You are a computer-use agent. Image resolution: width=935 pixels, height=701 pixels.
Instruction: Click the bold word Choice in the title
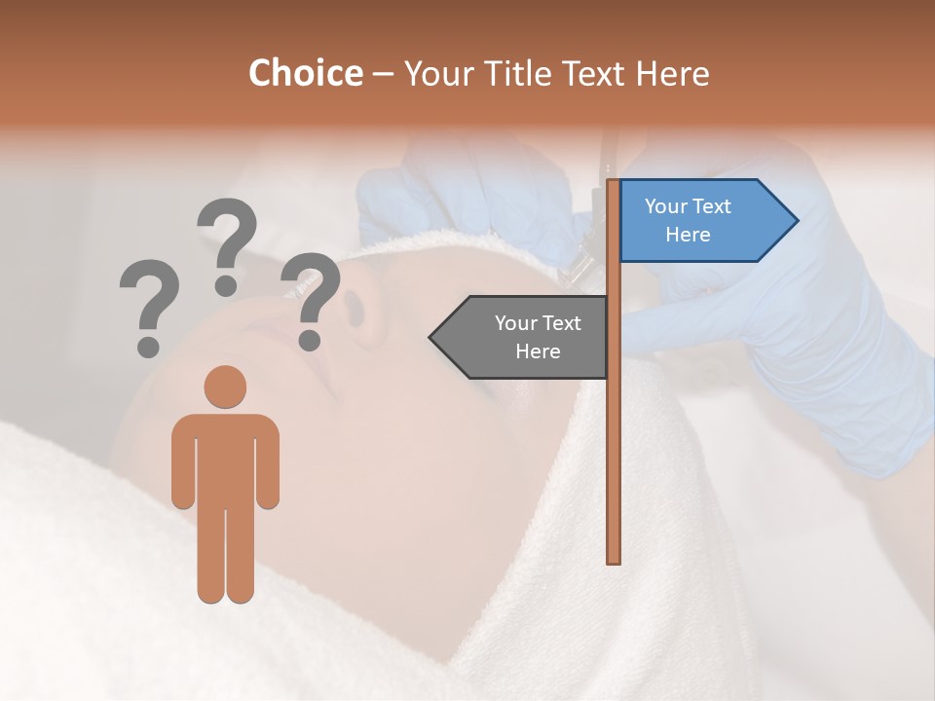(305, 73)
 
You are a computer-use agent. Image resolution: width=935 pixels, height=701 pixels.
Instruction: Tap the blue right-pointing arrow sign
(701, 221)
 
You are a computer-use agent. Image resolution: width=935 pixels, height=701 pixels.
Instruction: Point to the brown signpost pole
(613, 438)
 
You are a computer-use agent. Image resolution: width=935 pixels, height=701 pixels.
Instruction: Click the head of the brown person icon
(225, 387)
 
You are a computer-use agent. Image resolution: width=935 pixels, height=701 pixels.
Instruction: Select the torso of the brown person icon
(225, 458)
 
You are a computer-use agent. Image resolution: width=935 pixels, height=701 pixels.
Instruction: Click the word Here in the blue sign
(688, 235)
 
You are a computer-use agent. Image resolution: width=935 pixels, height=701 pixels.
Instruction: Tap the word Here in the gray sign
(538, 351)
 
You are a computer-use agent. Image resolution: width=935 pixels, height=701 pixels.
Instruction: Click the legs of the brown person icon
(225, 555)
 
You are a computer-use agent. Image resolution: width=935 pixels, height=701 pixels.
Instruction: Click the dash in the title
(383, 74)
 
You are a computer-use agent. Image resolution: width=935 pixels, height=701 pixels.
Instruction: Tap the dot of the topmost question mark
(226, 284)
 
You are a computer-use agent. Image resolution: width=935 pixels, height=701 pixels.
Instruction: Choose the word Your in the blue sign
(665, 206)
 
